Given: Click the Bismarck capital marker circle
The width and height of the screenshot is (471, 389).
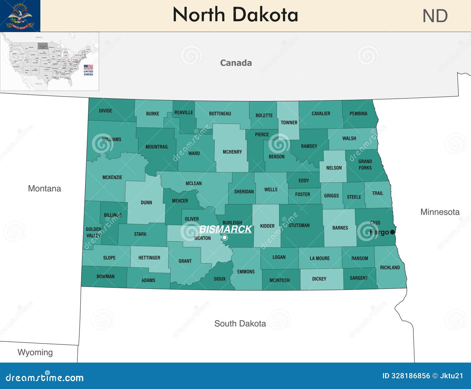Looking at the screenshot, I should coord(225,237).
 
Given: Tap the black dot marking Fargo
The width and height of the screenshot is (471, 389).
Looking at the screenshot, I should coord(392,232).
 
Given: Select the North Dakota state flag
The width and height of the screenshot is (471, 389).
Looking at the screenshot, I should coord(20,16).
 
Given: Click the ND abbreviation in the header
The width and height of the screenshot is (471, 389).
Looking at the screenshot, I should coord(435,16).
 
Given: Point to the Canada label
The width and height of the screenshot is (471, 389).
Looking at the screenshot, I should coord(236,63).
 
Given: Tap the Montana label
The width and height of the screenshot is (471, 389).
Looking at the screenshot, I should coord(44,189).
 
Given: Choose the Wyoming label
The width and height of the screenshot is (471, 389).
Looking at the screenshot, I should coord(35,352).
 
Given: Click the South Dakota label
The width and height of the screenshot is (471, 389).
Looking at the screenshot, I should coord(240,323).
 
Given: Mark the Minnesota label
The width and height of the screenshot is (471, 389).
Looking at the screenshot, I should coord(440,212).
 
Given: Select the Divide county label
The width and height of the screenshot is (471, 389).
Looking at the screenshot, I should coord(105,111).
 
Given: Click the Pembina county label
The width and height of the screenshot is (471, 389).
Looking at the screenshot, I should coord(358,113).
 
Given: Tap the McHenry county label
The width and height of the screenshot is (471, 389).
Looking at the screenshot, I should coord(232,152).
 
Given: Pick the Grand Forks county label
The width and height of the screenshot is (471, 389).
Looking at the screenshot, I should coord(365,165).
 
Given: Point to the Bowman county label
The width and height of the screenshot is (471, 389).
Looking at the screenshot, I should coord(105,276).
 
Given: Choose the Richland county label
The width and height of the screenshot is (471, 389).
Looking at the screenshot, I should coord(390,267).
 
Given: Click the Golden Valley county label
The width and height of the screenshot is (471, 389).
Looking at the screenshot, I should coord(94,232).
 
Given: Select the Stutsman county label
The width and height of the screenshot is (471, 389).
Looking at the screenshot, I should coord(299,225).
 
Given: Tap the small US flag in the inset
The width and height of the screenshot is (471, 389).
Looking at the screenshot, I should coord(88,67).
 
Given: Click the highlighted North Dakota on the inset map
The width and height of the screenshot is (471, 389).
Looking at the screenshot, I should coord(43,46).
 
